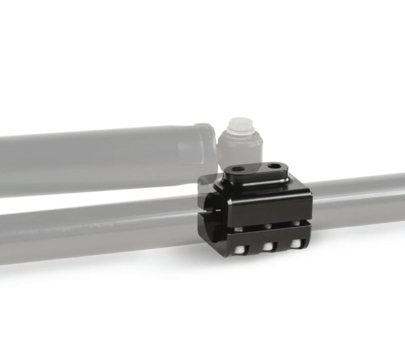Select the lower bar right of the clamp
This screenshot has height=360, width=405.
(x=356, y=201)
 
